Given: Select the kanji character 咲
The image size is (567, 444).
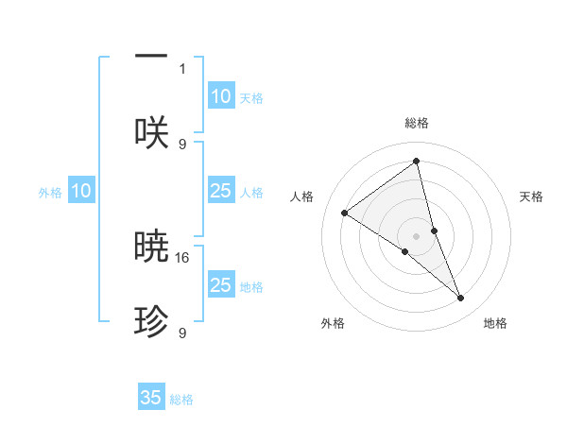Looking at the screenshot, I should (x=151, y=133).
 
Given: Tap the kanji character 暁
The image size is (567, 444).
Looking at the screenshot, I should (x=151, y=248).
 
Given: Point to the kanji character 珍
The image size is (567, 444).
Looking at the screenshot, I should (x=151, y=323).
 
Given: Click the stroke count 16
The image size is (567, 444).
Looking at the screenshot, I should (x=183, y=257).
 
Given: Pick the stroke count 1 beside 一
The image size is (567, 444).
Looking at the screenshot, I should (x=182, y=68).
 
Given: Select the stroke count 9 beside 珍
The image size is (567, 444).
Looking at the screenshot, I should (x=182, y=333).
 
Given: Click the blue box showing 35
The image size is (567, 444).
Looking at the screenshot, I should (x=151, y=398).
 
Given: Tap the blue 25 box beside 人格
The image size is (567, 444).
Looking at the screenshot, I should (x=220, y=191).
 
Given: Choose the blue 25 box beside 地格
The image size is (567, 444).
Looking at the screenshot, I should (x=220, y=285).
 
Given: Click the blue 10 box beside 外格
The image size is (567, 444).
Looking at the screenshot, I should (x=81, y=191).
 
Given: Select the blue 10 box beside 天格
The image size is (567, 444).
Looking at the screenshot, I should (x=220, y=96).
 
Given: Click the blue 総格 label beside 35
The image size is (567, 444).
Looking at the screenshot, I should (x=181, y=400).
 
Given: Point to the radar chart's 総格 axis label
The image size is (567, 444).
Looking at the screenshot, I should (x=417, y=124).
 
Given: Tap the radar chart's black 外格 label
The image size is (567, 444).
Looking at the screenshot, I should (x=333, y=324).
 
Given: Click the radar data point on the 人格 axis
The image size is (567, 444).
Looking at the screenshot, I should (x=345, y=213).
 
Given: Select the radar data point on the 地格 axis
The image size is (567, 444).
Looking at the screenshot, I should (x=461, y=298).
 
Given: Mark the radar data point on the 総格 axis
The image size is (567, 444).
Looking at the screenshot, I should (x=417, y=161).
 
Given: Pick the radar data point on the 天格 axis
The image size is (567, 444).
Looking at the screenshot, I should (x=435, y=231).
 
